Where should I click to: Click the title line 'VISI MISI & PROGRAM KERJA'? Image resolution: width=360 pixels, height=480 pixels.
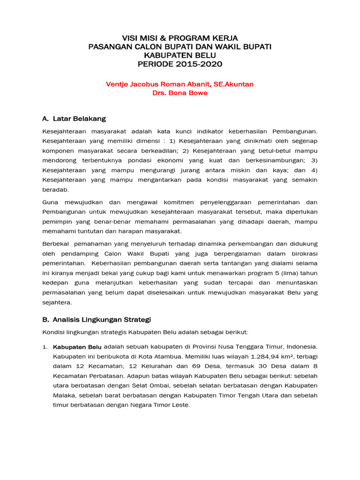click(180, 38)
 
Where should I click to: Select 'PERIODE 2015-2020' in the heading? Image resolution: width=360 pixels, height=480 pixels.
click(180, 64)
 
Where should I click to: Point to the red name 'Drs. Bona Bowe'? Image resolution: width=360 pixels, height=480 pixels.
click(180, 93)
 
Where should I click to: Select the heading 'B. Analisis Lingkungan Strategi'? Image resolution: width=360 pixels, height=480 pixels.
click(97, 319)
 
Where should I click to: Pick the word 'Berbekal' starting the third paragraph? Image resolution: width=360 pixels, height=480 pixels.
click(56, 244)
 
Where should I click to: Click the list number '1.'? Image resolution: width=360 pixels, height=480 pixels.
click(45, 346)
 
